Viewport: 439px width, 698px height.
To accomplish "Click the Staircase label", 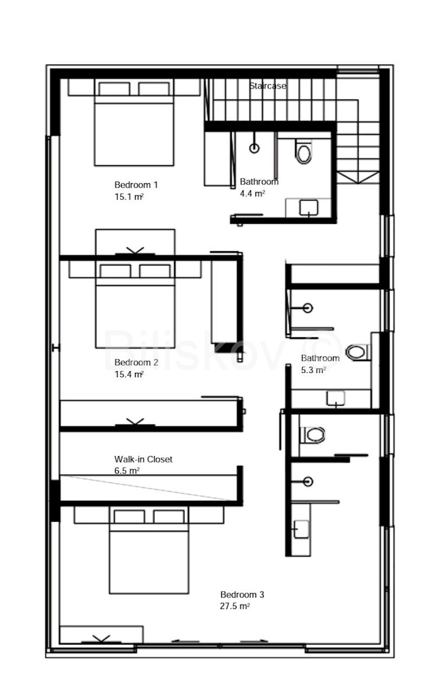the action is pyautogui.click(x=267, y=86).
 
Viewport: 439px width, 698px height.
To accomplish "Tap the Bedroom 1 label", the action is pyautogui.click(x=136, y=185).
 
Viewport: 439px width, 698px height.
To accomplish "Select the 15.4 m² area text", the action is pyautogui.click(x=129, y=374).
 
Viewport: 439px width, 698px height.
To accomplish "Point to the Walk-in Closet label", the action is pyautogui.click(x=143, y=459).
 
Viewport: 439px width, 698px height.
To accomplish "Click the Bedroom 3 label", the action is pyautogui.click(x=242, y=594).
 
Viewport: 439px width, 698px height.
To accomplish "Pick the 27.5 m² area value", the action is pyautogui.click(x=235, y=606).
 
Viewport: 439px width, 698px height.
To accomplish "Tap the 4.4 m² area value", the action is pyautogui.click(x=252, y=193).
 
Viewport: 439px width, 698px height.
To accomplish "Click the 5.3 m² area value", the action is pyautogui.click(x=313, y=370).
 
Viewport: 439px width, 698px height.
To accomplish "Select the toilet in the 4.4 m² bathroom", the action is pyautogui.click(x=303, y=152).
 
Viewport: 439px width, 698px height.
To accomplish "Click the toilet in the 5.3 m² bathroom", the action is pyautogui.click(x=358, y=352).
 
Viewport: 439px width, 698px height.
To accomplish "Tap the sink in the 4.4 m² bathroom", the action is pyautogui.click(x=309, y=208).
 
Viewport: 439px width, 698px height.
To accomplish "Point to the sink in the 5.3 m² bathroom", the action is pyautogui.click(x=336, y=398).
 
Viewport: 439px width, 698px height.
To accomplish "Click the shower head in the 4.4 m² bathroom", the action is pyautogui.click(x=254, y=148).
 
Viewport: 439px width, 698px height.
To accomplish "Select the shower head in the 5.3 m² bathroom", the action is pyautogui.click(x=308, y=308).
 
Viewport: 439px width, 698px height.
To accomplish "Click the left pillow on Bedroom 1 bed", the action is pyautogui.click(x=114, y=89).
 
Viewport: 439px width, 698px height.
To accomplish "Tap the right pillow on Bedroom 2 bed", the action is pyautogui.click(x=155, y=271).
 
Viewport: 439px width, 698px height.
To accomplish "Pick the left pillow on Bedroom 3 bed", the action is pyautogui.click(x=129, y=517).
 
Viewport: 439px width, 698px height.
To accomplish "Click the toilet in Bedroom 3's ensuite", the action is pyautogui.click(x=312, y=435).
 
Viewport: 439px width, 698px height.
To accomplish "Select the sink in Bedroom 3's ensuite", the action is pyautogui.click(x=302, y=529).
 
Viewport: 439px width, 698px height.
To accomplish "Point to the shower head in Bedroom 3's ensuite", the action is pyautogui.click(x=308, y=482).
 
